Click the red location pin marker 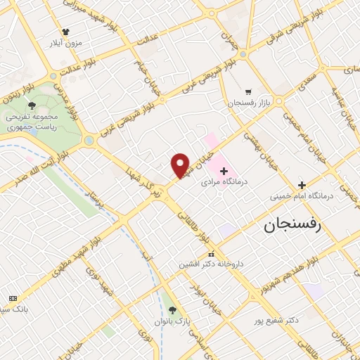181,165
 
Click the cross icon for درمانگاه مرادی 224,171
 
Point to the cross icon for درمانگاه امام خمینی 302,184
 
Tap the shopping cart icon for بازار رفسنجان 248,91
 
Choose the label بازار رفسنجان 243,103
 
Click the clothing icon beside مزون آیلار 66,32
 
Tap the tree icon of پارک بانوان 173,310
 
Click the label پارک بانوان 174,321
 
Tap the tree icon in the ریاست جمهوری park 32,105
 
